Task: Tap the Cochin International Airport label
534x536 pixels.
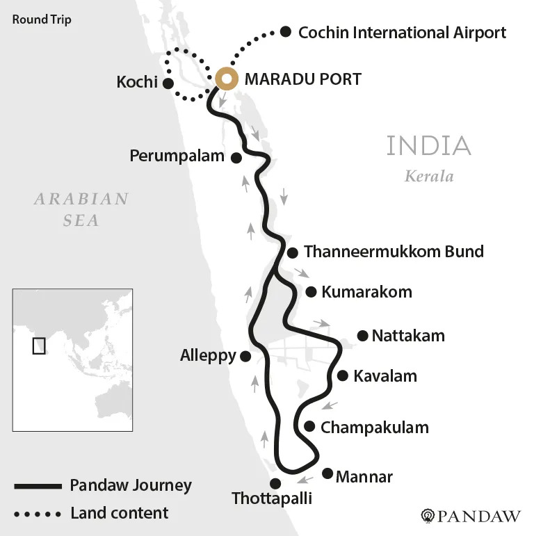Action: coord(402,32)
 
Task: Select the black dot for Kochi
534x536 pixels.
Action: coord(168,83)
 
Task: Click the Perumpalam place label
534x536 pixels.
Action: coord(177,156)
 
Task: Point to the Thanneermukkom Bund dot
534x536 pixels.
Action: coord(292,253)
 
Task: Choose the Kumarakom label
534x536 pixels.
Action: coord(366,292)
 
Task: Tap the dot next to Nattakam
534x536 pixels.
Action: coord(362,336)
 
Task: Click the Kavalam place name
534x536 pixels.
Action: coord(385,376)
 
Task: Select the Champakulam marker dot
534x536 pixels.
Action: coord(309,427)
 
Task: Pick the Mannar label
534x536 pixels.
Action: coord(364,477)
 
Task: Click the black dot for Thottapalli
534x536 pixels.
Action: coord(275,483)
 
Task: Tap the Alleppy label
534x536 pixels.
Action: coord(208,356)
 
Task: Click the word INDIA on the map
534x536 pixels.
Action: coord(428,146)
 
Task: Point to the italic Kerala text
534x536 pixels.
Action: coord(429,176)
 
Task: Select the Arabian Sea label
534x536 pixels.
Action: coord(82,209)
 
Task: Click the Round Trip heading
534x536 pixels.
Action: coord(42,19)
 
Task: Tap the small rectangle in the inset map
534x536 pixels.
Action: coord(39,345)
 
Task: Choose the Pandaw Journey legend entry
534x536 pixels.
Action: coord(131,485)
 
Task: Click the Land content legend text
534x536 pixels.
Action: coord(119,514)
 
